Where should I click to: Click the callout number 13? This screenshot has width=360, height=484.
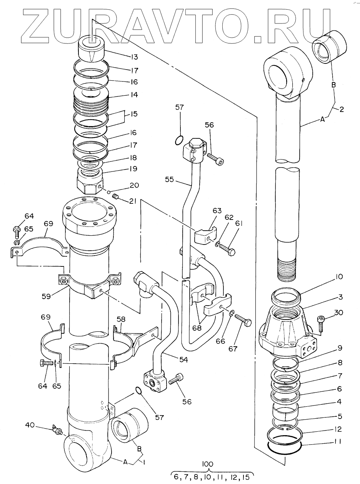pyautogui.click(x=134, y=57)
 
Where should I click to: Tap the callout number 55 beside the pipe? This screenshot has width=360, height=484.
pyautogui.click(x=169, y=180)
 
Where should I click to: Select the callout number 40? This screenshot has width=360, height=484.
pyautogui.click(x=30, y=425)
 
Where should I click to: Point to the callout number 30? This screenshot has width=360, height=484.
pyautogui.click(x=338, y=313)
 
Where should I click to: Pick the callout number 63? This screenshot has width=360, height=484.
pyautogui.click(x=217, y=211)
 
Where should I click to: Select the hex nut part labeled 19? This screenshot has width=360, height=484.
pyautogui.click(x=89, y=181)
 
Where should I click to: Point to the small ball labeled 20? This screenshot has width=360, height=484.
pyautogui.click(x=108, y=192)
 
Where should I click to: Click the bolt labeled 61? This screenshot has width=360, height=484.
pyautogui.click(x=227, y=249)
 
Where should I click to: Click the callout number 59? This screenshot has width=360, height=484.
pyautogui.click(x=46, y=296)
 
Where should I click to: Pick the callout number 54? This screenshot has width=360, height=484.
pyautogui.click(x=183, y=359)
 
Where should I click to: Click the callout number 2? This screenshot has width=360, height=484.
pyautogui.click(x=342, y=109)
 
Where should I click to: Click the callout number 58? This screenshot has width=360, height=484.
pyautogui.click(x=121, y=319)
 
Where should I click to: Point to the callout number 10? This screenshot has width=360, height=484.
pyautogui.click(x=338, y=277)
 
